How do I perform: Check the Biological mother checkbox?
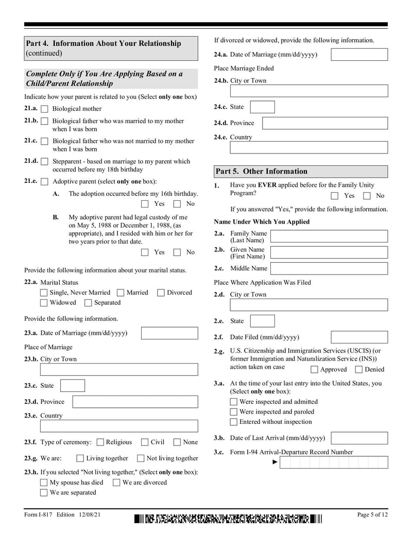(x=44, y=109)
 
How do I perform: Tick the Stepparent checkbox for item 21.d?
(x=44, y=162)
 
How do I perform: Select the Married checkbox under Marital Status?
(x=121, y=293)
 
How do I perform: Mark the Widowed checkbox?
(x=44, y=303)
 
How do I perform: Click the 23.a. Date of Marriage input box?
(x=169, y=333)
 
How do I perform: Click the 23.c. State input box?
(x=73, y=386)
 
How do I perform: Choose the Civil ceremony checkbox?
(x=145, y=442)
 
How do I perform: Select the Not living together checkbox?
(x=141, y=458)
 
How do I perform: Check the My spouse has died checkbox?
(x=44, y=483)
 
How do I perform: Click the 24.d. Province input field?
(x=324, y=123)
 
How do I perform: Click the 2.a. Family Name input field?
(x=329, y=237)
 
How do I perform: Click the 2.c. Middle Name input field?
(x=329, y=268)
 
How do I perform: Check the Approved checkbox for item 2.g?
(x=314, y=370)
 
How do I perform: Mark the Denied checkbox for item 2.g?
(x=359, y=370)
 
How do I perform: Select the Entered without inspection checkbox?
(x=234, y=422)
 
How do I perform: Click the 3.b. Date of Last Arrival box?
(x=359, y=438)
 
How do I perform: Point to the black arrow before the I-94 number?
(x=275, y=462)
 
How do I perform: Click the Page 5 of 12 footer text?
(x=372, y=514)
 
